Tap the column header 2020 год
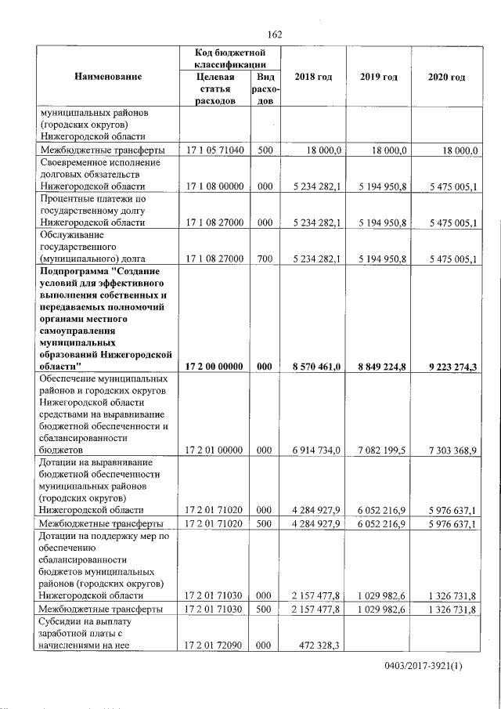coord(447,78)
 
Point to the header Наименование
coord(109,78)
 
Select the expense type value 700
coord(264,259)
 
